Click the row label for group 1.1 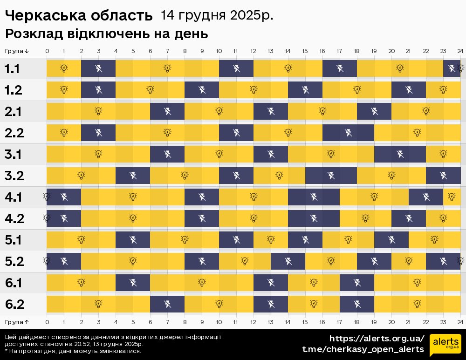[13, 69]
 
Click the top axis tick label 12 [253, 51]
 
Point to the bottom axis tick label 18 [356, 322]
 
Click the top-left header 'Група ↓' [17, 51]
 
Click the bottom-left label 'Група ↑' [17, 322]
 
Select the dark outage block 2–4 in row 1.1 [98, 69]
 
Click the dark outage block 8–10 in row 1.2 [202, 90]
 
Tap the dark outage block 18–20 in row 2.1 [374, 112]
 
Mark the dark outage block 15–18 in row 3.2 [331, 176]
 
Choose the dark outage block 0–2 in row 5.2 [64, 262]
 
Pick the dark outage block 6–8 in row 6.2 [167, 305]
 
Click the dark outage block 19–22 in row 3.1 [400, 155]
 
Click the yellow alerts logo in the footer [445, 345]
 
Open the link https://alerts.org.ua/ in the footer [377, 339]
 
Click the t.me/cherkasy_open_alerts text [363, 349]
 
